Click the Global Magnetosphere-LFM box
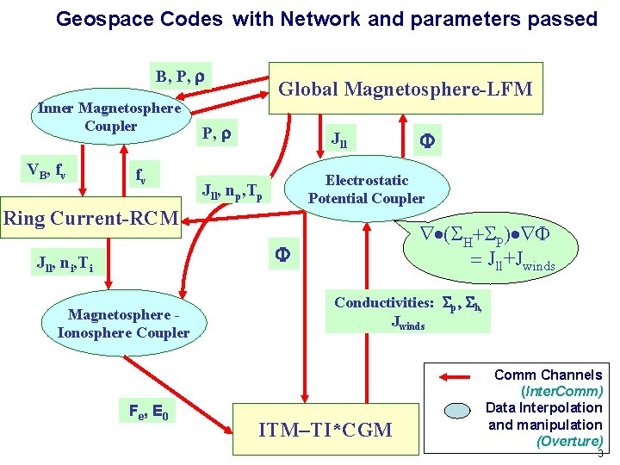(x=406, y=88)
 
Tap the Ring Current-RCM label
(x=90, y=218)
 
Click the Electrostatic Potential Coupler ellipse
(x=367, y=189)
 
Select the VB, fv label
(x=46, y=170)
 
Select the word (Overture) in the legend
(x=568, y=441)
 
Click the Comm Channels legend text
(x=548, y=375)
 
